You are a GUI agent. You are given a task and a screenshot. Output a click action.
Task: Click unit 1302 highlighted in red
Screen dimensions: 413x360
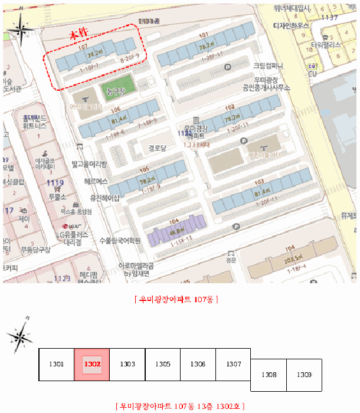coord(91,365)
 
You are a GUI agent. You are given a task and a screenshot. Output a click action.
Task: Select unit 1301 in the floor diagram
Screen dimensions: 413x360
coord(56,365)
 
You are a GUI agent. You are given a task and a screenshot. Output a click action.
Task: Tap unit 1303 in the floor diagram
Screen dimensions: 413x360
coord(127,365)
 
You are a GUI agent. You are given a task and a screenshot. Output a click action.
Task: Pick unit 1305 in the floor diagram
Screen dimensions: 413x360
coord(162,365)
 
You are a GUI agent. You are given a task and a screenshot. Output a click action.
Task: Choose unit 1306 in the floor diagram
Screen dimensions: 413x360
coord(198,365)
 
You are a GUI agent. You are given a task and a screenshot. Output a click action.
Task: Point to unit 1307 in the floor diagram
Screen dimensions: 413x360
coord(233,365)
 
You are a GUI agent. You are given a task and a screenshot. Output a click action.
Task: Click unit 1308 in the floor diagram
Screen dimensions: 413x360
coord(269,375)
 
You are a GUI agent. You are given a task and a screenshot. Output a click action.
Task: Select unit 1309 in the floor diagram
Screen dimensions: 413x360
coord(304,375)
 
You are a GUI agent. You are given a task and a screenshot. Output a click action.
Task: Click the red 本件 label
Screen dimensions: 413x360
coord(79,36)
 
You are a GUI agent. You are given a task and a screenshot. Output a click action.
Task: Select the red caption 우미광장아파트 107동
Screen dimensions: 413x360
coord(177,299)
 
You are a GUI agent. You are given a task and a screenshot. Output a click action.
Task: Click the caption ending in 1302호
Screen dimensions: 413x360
coord(181,406)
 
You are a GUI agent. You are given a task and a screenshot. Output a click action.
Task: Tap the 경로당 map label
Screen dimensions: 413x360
coord(159,147)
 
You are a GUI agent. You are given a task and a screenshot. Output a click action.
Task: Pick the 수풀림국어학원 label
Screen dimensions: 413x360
coord(120,240)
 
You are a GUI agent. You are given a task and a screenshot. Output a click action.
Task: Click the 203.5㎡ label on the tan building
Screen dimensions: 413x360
coord(293,261)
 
